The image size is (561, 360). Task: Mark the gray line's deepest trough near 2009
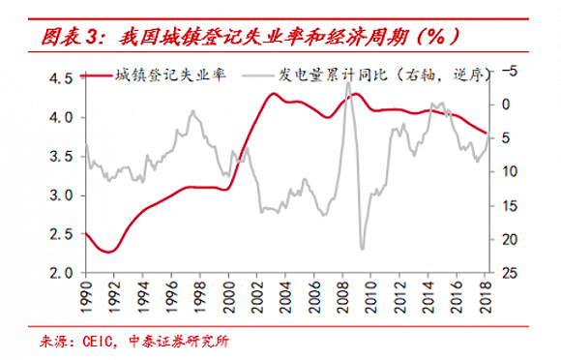click(363, 249)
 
